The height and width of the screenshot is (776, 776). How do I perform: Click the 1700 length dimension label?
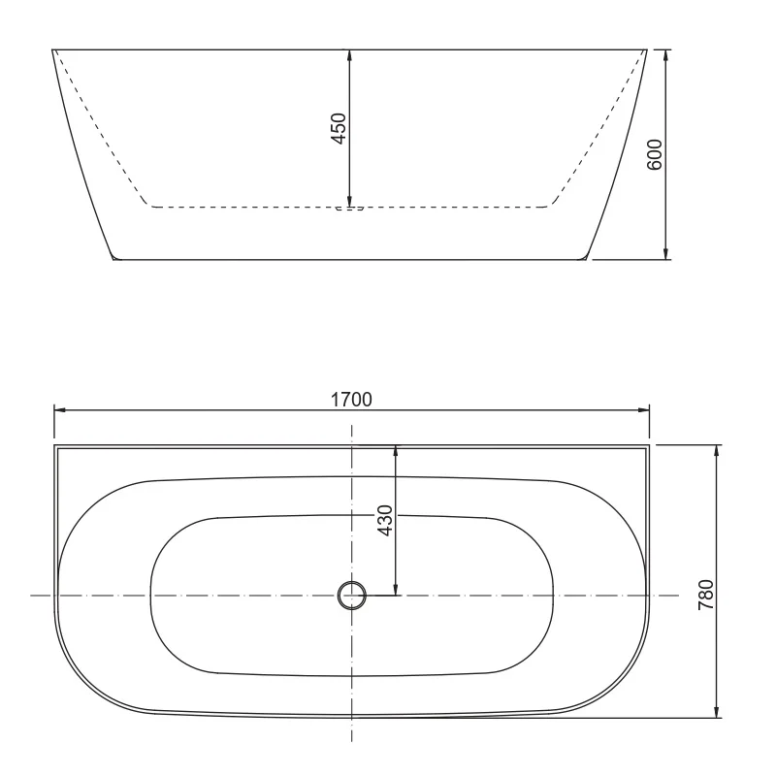[351, 398]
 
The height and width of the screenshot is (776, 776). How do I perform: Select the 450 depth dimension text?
[339, 128]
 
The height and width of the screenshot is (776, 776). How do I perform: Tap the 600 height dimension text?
[655, 154]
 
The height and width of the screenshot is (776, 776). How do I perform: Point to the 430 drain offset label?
[385, 521]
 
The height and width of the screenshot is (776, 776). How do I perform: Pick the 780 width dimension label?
[706, 594]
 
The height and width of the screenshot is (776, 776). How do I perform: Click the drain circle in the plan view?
[351, 595]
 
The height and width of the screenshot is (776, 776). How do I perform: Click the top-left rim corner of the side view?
[51, 48]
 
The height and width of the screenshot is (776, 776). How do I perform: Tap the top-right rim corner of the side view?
[647, 48]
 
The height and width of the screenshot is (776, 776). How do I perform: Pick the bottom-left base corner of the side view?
[114, 259]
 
